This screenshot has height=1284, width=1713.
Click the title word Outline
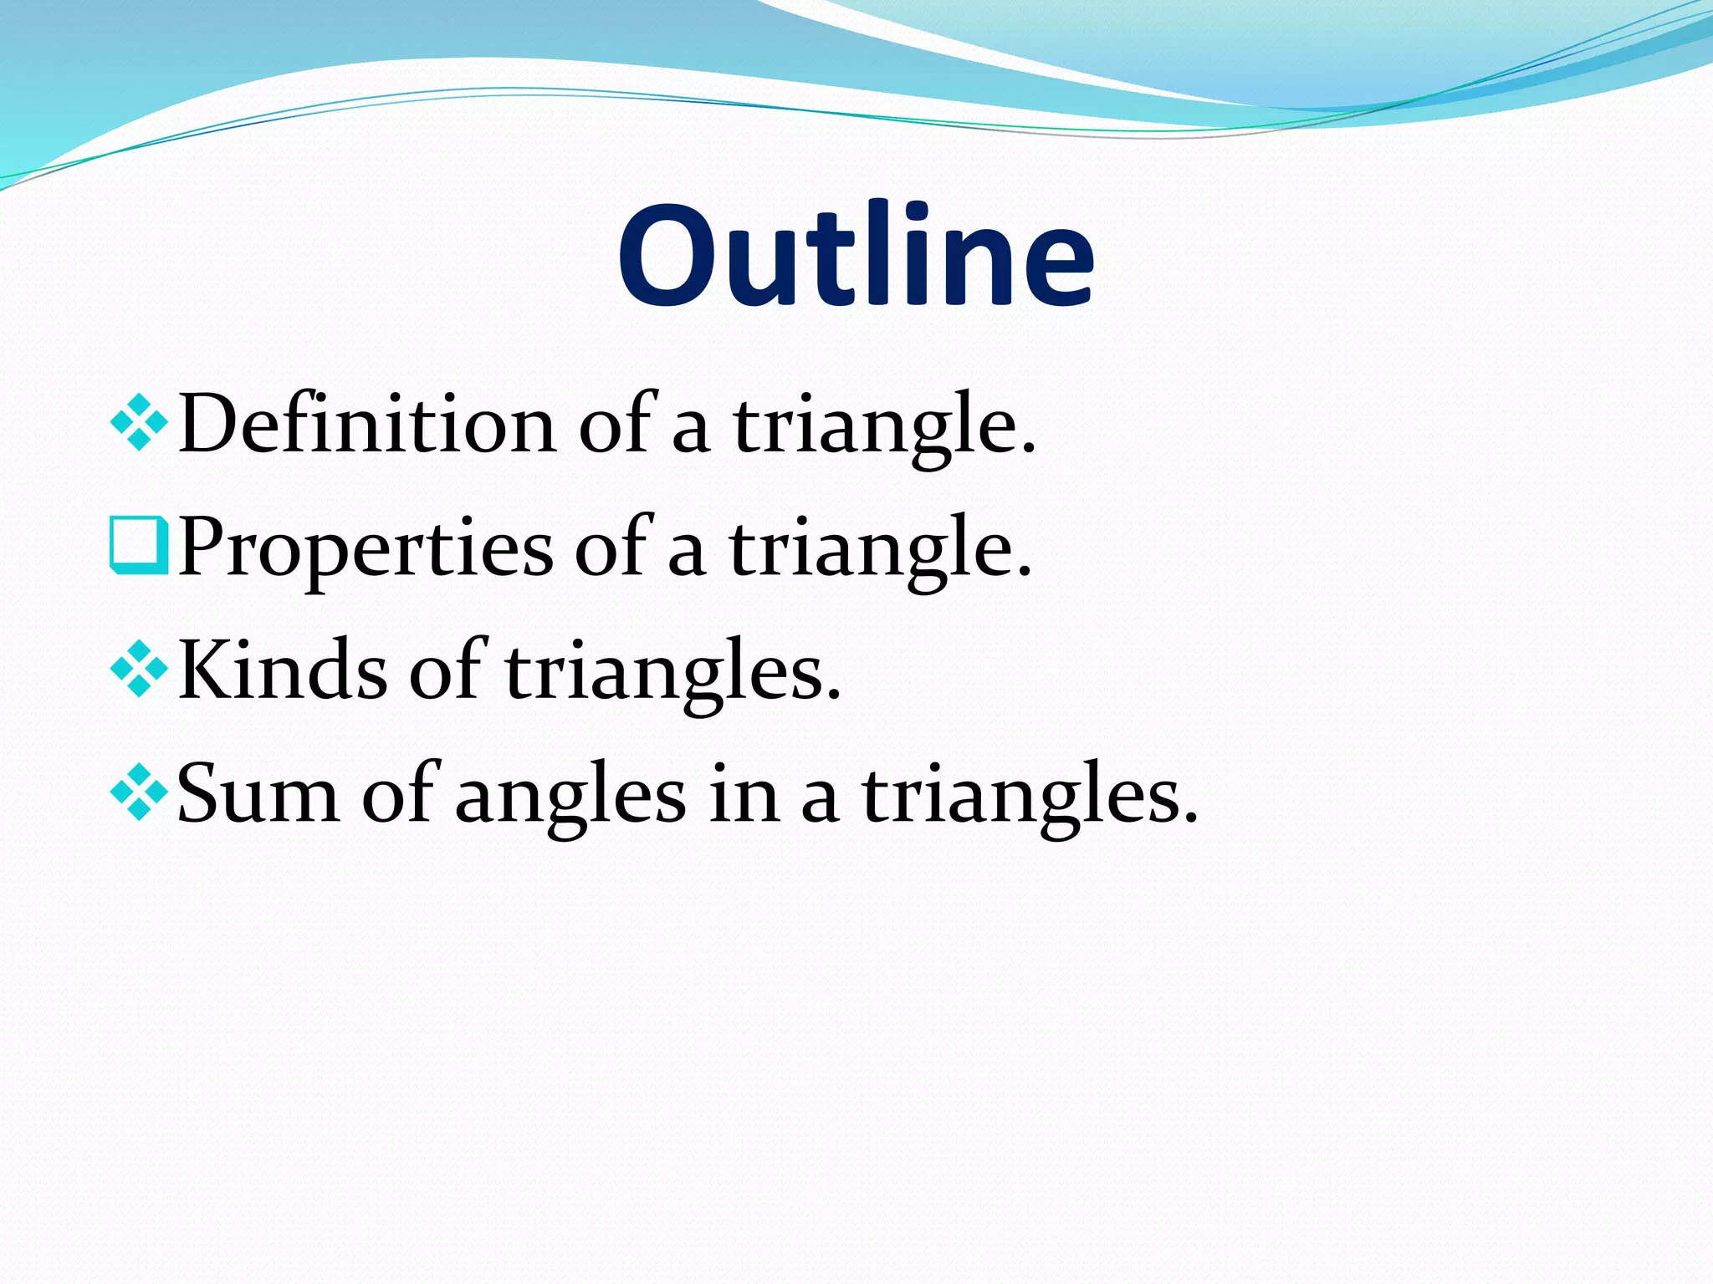point(856,254)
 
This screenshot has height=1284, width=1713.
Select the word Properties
point(366,548)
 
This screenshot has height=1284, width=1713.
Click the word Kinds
point(283,670)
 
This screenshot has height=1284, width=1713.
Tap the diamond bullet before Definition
point(139,425)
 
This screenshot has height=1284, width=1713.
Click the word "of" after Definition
point(616,425)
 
